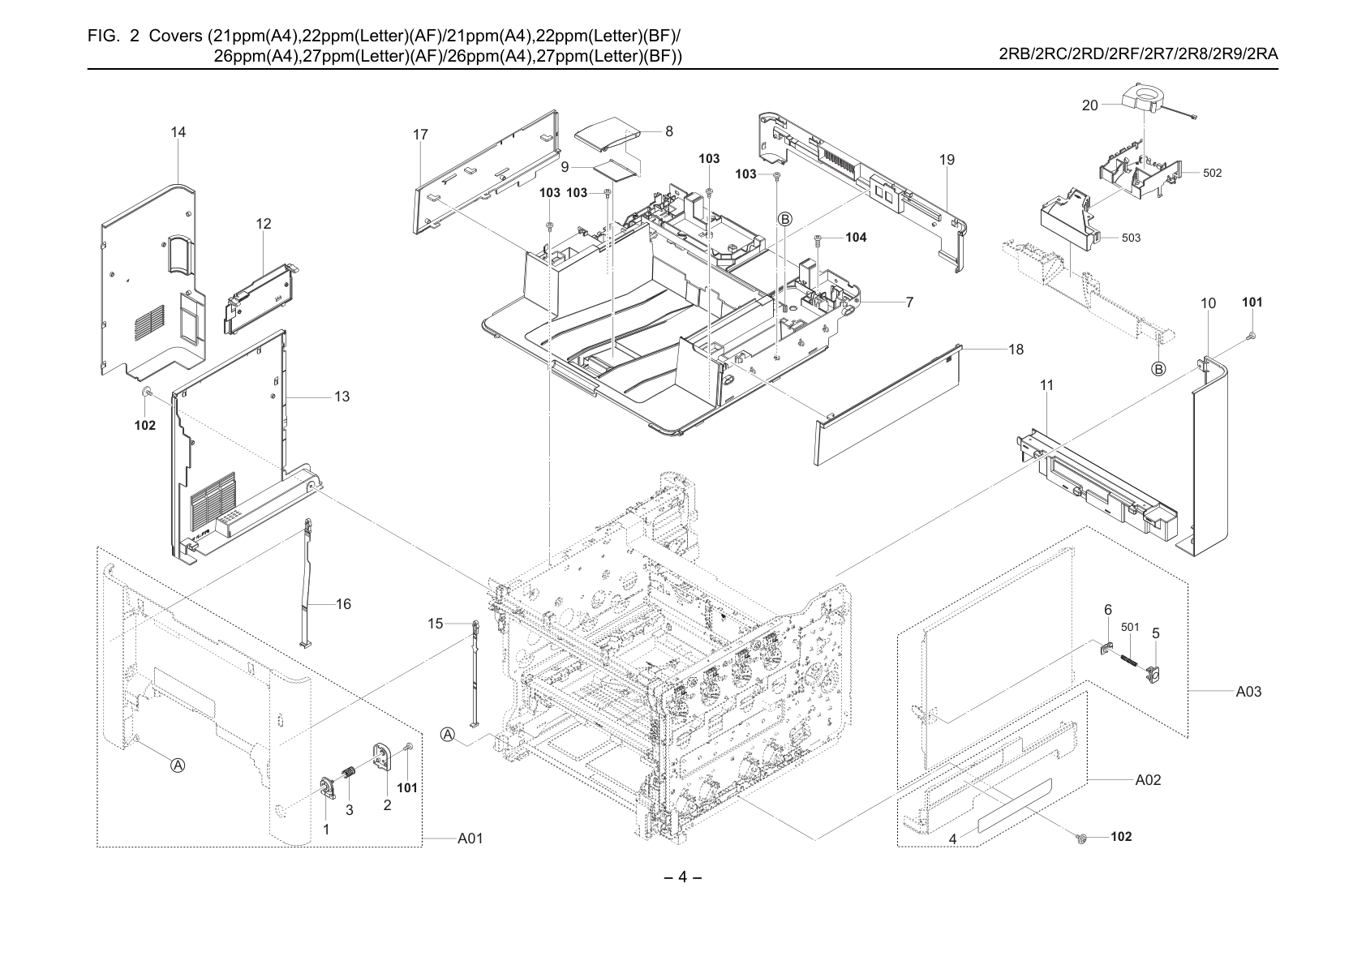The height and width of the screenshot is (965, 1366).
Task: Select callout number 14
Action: coord(178,132)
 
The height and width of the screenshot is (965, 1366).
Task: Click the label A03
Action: coord(1248,691)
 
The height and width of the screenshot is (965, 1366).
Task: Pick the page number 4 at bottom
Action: coord(682,877)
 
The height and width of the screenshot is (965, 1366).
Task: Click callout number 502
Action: coord(1213,173)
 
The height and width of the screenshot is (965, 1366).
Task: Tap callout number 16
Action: coord(343,603)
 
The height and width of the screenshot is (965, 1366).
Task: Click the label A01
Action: coord(470,838)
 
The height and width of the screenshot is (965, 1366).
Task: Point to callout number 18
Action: coord(1016,350)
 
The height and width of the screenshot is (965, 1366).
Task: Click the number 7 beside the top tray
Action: coord(909,302)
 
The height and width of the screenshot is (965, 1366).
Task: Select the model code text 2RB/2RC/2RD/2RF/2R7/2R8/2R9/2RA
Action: coord(1139,54)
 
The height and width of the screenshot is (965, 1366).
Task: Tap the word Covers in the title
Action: coord(176,36)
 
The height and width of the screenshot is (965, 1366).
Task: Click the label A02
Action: coord(1148,779)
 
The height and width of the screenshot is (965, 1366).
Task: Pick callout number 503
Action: coord(1132,238)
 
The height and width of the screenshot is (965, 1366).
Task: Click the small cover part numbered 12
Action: coord(262,298)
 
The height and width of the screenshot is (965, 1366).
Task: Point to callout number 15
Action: coord(435,624)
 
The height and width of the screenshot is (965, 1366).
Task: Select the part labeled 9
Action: coord(616,169)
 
